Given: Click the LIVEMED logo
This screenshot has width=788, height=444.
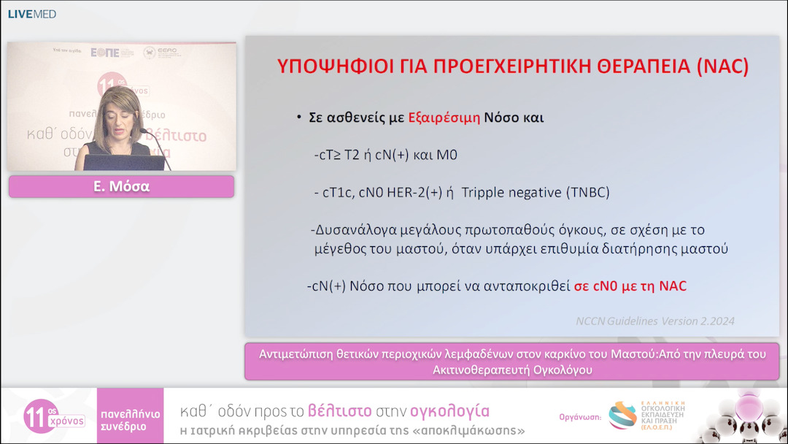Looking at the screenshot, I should [31, 14].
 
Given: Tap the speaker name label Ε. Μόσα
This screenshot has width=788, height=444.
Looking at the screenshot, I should [122, 186].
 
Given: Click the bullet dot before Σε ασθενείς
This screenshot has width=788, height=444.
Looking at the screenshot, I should [299, 118].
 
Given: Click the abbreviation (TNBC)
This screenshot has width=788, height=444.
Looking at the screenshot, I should [587, 193].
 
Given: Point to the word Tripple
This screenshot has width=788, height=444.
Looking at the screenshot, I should [488, 193].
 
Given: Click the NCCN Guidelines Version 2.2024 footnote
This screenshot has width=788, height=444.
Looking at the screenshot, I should [655, 321].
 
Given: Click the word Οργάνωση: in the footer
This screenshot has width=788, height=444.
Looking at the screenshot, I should [579, 417].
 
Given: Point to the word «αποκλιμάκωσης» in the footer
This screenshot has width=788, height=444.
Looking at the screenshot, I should [475, 431].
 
